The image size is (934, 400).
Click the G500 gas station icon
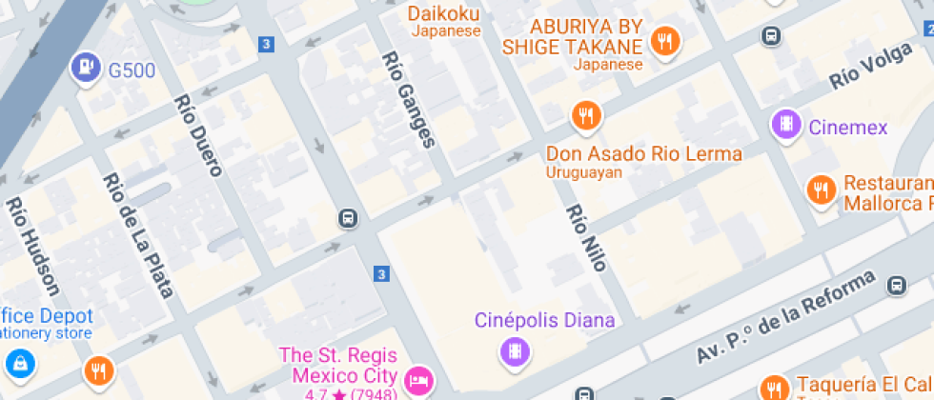[x=86, y=68]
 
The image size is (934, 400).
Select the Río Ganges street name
[x=408, y=100]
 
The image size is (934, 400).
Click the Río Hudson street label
[x=33, y=248]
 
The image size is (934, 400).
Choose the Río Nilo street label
[x=586, y=238]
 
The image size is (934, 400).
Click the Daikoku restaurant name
[x=444, y=13]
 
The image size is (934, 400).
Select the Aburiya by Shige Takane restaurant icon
[x=663, y=41]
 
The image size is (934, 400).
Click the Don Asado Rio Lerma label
[x=643, y=153]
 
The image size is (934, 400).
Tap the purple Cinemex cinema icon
[x=786, y=125]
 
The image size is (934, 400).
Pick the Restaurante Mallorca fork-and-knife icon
[x=820, y=190]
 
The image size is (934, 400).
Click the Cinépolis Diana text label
[x=545, y=320]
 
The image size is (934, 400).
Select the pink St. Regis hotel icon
[x=417, y=380]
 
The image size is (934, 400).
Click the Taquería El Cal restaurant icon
[x=774, y=387]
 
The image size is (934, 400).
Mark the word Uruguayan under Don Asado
[x=583, y=172]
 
